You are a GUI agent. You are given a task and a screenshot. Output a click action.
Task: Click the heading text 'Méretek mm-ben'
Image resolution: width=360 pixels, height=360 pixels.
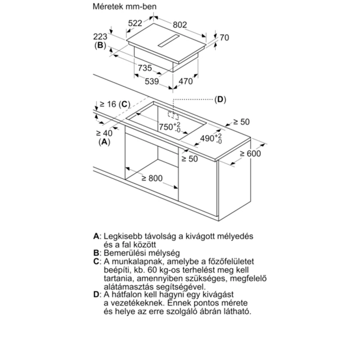click(x=125, y=6)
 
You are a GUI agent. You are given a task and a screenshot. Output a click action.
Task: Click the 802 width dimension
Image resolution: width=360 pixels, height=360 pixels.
click(x=180, y=25)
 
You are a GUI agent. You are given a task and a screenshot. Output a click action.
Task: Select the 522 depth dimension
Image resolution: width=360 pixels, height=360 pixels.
click(x=135, y=23)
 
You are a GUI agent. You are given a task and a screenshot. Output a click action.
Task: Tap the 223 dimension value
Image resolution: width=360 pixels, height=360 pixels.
click(x=100, y=36)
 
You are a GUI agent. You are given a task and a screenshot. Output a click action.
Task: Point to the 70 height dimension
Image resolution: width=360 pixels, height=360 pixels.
click(x=224, y=37)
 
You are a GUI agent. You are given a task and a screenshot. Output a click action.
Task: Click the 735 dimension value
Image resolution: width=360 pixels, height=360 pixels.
click(x=145, y=68)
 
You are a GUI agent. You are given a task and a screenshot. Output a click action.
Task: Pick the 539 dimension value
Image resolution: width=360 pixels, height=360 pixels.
click(x=152, y=81)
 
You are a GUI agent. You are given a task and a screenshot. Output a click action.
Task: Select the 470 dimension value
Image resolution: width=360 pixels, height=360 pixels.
click(x=185, y=81)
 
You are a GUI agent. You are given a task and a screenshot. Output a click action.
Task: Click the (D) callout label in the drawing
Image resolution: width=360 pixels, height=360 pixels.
click(x=220, y=99)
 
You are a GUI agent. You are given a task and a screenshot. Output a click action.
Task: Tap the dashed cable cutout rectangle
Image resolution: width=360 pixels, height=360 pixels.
click(x=173, y=115)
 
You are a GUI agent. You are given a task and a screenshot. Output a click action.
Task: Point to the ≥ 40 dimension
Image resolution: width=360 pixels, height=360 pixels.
click(x=104, y=133)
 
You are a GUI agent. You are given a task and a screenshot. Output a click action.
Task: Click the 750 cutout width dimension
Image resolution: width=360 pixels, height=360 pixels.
click(x=170, y=127)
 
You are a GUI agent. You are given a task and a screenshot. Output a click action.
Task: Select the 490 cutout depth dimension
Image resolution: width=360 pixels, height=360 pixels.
click(x=211, y=139)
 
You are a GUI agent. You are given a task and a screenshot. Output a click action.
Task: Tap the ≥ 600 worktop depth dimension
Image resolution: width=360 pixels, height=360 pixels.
click(x=250, y=153)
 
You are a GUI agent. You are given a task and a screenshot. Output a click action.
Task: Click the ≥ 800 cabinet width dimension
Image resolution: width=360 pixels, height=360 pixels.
click(x=152, y=178)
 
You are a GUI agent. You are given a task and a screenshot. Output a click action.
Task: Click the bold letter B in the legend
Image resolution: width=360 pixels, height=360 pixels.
click(x=96, y=253)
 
